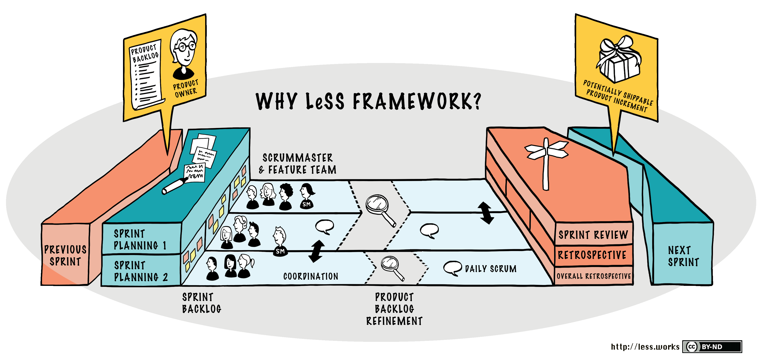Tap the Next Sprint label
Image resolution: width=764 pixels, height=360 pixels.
tap(683, 256)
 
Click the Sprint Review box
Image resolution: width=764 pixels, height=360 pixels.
tap(593, 235)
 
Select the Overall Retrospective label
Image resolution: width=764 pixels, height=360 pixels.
tap(594, 276)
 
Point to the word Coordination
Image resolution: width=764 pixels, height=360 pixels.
tap(310, 276)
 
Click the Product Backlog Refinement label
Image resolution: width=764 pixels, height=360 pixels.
tap(394, 309)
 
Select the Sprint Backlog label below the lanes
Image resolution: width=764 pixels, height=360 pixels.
tap(201, 303)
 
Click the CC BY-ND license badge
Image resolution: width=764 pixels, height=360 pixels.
tap(712, 347)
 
